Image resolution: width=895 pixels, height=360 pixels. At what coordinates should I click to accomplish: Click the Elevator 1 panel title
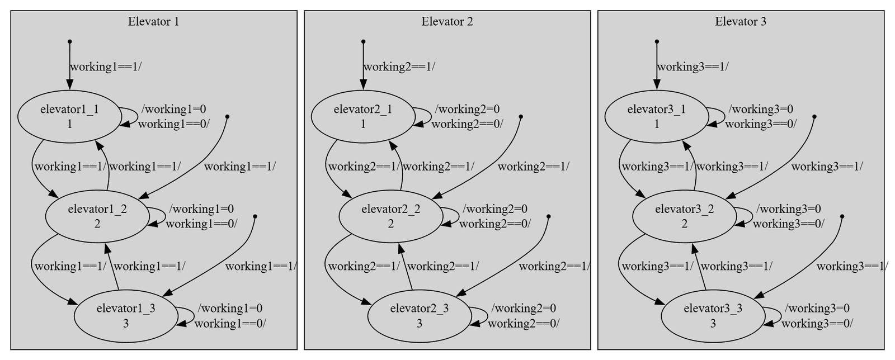pyautogui.click(x=153, y=22)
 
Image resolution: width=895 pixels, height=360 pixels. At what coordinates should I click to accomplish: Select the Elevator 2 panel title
pyautogui.click(x=447, y=22)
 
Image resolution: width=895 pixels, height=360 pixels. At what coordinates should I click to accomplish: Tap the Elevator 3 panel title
pyautogui.click(x=741, y=22)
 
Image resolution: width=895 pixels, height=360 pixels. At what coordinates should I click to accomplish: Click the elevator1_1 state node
pyautogui.click(x=69, y=116)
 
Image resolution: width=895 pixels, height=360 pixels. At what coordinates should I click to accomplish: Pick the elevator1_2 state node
pyautogui.click(x=97, y=216)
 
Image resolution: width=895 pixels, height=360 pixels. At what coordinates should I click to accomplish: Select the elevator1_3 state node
pyautogui.click(x=126, y=316)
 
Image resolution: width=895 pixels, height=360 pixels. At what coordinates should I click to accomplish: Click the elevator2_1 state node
pyautogui.click(x=363, y=116)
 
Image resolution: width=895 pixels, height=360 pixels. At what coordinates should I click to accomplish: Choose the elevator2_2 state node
pyautogui.click(x=391, y=216)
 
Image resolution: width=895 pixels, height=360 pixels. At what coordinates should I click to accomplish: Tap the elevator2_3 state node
pyautogui.click(x=420, y=316)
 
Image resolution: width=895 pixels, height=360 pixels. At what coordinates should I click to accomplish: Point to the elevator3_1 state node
pyautogui.click(x=657, y=116)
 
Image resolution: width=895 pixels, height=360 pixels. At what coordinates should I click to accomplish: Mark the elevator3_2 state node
pyautogui.click(x=685, y=216)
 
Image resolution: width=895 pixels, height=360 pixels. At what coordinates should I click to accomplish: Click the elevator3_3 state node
pyautogui.click(x=713, y=316)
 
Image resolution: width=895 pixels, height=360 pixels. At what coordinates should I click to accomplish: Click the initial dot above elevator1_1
pyautogui.click(x=69, y=41)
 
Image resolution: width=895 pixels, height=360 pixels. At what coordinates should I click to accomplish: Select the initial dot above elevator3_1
pyautogui.click(x=657, y=41)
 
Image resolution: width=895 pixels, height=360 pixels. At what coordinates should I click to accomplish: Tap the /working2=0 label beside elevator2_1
pyautogui.click(x=467, y=109)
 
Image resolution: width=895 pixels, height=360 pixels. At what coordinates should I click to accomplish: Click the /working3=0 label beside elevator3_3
pyautogui.click(x=817, y=308)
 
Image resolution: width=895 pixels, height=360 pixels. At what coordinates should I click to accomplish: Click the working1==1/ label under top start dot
pyautogui.click(x=106, y=67)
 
